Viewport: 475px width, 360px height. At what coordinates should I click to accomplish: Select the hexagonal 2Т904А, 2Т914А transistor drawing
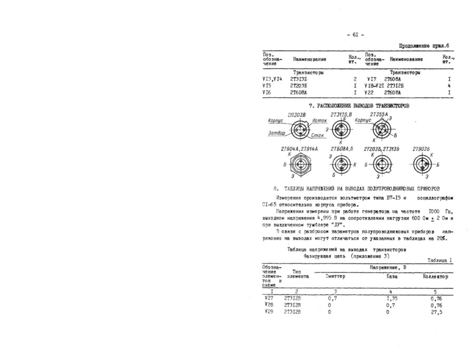click(x=299, y=164)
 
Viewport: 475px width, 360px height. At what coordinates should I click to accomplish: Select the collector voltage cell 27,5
click(x=436, y=312)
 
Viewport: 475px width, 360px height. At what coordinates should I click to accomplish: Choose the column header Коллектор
click(x=435, y=276)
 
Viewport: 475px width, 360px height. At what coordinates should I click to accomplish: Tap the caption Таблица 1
click(x=440, y=260)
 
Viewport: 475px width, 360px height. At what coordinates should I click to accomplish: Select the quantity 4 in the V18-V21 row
click(x=448, y=86)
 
